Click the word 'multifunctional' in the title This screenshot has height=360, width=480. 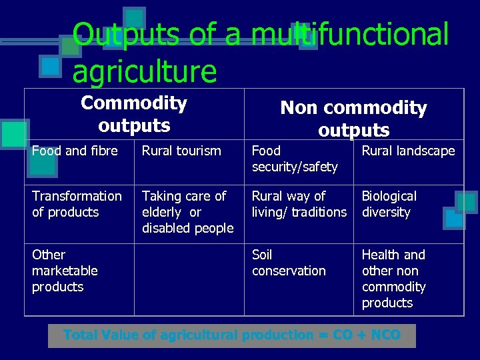[350, 35]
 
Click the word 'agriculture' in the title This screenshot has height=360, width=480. [144, 71]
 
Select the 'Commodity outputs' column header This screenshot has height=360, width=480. [133, 113]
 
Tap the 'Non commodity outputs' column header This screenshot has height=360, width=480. [353, 118]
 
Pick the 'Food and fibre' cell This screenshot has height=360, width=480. [75, 151]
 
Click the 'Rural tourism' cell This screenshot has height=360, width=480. [181, 151]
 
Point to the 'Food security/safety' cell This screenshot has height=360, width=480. [295, 159]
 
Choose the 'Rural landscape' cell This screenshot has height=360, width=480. [408, 151]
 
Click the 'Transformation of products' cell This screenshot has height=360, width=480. [77, 204]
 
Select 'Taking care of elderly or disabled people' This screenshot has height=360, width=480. [187, 212]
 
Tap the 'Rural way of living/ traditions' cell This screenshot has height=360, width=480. [299, 204]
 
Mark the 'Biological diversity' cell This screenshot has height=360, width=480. [389, 204]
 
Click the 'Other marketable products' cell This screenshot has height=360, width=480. [65, 271]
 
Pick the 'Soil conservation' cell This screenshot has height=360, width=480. [289, 263]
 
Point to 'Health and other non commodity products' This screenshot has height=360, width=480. [393, 279]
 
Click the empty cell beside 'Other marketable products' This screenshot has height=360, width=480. [189, 279]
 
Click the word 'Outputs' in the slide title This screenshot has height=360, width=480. [127, 35]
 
